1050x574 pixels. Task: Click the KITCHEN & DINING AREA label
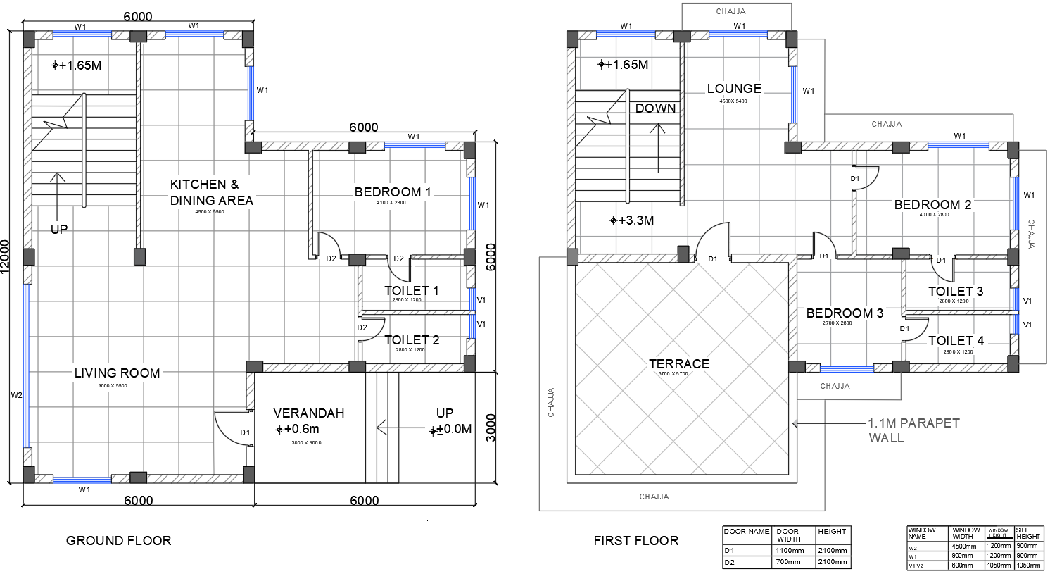point(211,192)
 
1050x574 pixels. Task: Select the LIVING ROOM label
point(117,373)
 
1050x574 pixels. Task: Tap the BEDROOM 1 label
point(392,192)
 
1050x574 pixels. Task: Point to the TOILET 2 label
point(412,340)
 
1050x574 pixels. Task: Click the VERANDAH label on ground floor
point(308,413)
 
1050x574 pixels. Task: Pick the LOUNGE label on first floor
point(734,89)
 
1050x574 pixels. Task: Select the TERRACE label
point(678,364)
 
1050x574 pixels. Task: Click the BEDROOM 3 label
point(845,313)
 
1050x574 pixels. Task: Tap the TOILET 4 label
point(956,341)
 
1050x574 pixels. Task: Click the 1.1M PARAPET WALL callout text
point(913,430)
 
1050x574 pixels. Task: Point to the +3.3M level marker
point(632,220)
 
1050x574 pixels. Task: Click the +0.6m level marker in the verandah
point(298,429)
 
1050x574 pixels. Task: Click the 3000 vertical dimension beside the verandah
point(491,428)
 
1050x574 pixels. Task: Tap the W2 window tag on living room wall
point(16,395)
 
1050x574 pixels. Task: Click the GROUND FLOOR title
point(118,541)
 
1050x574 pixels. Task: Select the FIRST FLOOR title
point(635,541)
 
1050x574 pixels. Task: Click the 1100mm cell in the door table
point(789,551)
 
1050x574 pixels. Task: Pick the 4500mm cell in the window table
point(964,547)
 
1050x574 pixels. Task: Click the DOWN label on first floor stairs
point(655,108)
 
